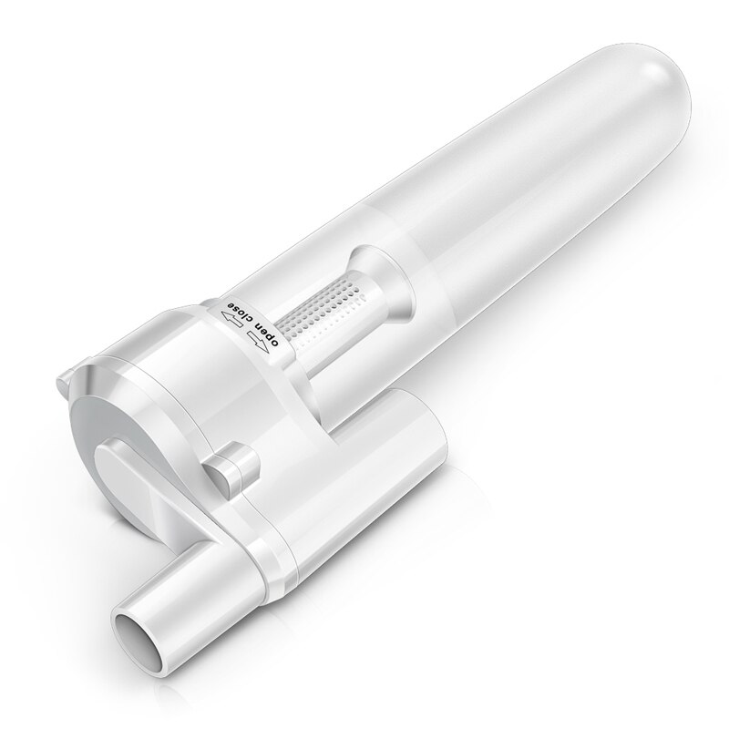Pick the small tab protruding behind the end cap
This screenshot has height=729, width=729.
tap(68, 375)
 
